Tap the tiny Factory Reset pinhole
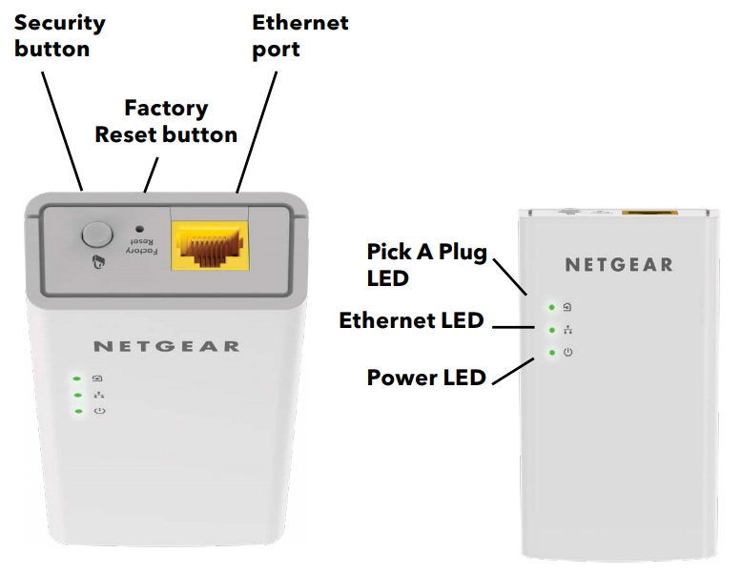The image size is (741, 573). pos(140,229)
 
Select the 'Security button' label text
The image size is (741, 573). pos(59,35)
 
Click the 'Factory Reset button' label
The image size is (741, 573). pos(166,121)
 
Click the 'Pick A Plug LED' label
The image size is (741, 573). pos(427,265)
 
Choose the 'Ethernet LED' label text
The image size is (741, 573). pos(411,321)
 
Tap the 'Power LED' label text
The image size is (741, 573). pos(426,378)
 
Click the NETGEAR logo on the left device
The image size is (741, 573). pos(167,345)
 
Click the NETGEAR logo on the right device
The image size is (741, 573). pos(618,264)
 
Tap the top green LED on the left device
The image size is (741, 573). pos(76,379)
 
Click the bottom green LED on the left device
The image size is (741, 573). pos(76,411)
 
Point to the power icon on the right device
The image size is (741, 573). pos(567,353)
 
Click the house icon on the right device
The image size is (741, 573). pos(567,307)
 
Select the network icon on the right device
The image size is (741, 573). pos(567,330)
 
